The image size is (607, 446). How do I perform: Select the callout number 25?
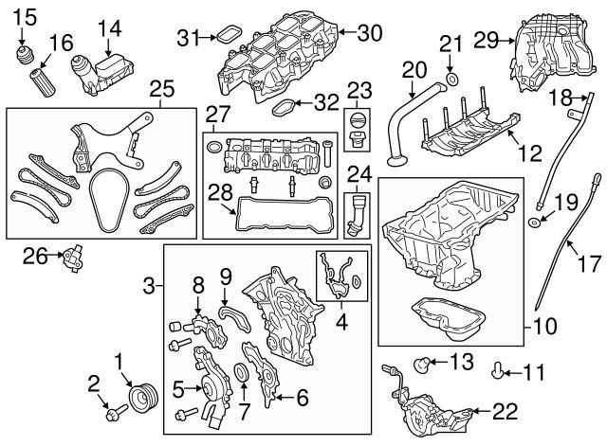(x=162, y=91)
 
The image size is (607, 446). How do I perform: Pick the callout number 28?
(x=220, y=193)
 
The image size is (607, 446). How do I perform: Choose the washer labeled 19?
(x=537, y=223)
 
